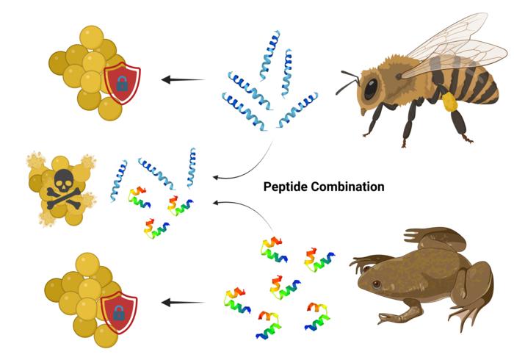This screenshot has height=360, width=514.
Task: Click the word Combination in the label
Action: (x=349, y=187)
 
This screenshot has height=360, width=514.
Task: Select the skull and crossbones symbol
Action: (x=59, y=184)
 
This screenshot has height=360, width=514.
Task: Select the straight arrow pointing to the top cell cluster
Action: (x=184, y=79)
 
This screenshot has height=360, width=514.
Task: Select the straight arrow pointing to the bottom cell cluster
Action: (x=184, y=302)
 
